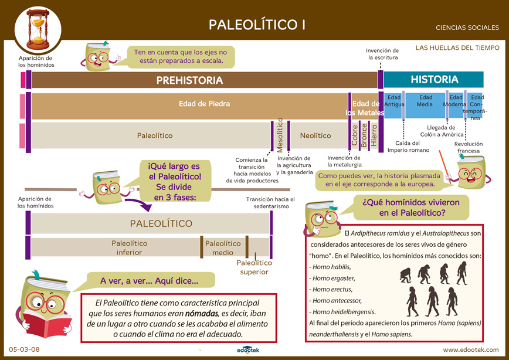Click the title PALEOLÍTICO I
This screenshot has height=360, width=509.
[257, 25]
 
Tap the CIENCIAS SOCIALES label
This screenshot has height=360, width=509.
[467, 28]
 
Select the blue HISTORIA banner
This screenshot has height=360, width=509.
[434, 80]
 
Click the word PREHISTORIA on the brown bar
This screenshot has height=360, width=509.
[189, 80]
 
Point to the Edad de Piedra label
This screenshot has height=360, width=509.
[204, 104]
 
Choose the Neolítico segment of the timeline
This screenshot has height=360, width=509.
[315, 135]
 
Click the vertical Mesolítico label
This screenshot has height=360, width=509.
[280, 135]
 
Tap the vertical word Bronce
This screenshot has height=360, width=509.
[364, 135]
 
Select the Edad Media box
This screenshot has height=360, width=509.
[425, 106]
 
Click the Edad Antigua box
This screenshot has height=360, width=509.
[393, 106]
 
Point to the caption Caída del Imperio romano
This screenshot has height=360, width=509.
[408, 147]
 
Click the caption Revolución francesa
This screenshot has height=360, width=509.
[468, 147]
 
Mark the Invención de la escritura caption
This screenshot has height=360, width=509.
[382, 54]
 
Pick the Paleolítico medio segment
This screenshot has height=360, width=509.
[223, 248]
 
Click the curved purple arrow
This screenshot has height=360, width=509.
[138, 205]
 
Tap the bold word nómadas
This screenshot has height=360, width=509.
[201, 314]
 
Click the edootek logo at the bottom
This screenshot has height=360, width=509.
[247, 350]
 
